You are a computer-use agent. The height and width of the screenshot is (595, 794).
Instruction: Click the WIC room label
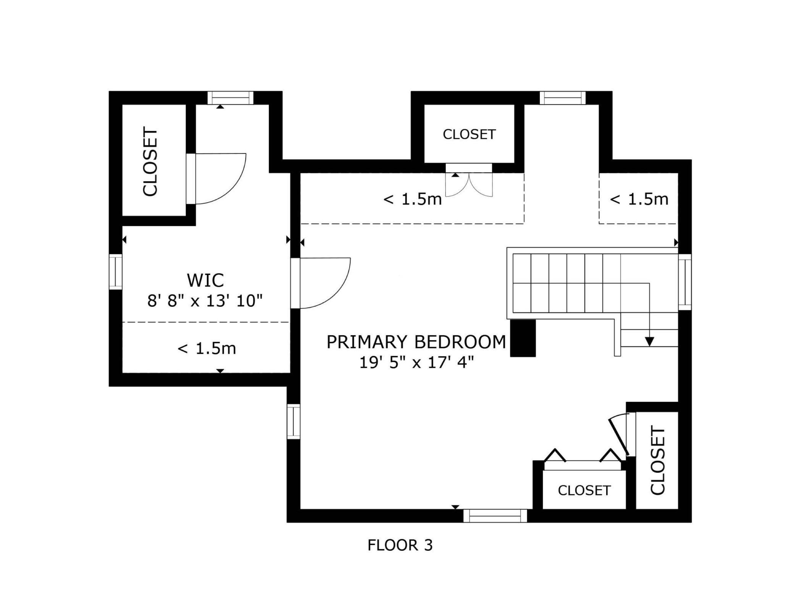[x=205, y=281]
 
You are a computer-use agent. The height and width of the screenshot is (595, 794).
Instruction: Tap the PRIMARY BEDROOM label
[x=416, y=342]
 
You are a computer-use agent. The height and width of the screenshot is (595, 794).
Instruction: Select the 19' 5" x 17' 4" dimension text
[x=416, y=362]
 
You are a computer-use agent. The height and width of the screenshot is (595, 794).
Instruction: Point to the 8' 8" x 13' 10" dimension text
[x=205, y=301]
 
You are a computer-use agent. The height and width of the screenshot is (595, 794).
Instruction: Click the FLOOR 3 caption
[x=400, y=545]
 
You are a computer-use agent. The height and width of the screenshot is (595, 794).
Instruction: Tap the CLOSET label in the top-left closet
[x=150, y=162]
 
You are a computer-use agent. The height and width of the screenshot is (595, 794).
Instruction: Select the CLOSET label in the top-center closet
[x=469, y=134]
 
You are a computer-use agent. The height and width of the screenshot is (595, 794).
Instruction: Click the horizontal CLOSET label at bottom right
[x=584, y=490]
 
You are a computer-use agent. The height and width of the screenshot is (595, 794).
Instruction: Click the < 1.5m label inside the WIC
[x=207, y=348]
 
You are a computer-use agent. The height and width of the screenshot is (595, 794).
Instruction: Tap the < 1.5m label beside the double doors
[x=412, y=199]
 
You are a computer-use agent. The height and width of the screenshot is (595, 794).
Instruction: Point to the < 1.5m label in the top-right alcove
[x=639, y=199]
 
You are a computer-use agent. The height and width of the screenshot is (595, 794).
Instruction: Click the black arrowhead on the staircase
[x=649, y=342]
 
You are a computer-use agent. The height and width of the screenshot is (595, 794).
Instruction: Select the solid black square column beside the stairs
[x=523, y=338]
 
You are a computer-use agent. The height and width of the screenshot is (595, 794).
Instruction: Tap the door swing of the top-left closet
[x=221, y=179]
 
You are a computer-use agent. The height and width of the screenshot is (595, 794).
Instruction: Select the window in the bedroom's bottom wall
[x=495, y=516]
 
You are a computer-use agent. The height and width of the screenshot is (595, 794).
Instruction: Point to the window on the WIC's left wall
[x=116, y=272]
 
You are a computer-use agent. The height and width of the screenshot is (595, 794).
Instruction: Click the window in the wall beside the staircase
[x=685, y=282]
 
